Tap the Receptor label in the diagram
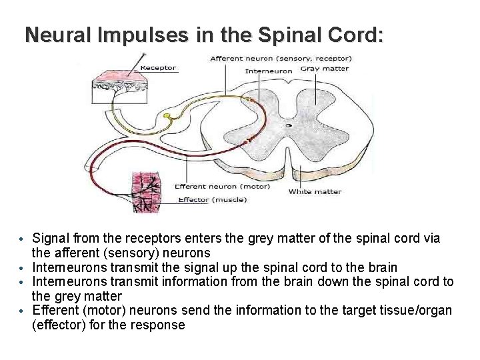159,67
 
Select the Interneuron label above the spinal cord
269,71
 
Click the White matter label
315,192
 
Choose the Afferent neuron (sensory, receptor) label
281,59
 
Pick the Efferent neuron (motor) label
222,187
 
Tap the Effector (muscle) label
212,199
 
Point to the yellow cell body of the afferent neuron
167,117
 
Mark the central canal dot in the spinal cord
289,125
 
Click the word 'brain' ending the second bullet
381,267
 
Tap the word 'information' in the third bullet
191,281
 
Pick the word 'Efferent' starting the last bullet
55,310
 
